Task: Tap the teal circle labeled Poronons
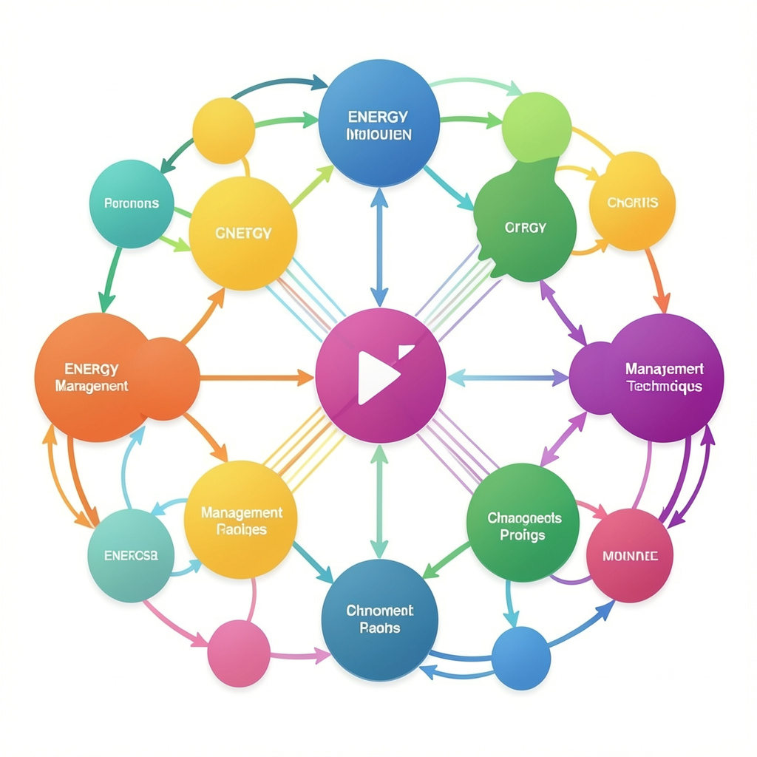coord(132,203)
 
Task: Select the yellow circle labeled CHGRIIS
coord(632,202)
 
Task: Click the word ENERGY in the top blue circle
coord(377,117)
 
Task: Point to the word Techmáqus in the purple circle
coord(664,387)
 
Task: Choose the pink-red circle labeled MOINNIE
coord(630,555)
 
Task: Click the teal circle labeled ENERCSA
coord(131,555)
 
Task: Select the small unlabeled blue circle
coord(521,657)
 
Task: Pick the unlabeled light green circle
coord(536,126)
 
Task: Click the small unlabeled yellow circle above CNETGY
coord(223,130)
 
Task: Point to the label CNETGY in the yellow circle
coord(242,234)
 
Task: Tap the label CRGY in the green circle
coord(526,228)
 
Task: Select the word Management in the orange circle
coord(92,386)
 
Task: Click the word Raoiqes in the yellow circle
coord(241,530)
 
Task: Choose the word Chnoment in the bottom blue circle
coord(379,611)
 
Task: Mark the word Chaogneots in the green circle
coord(524,518)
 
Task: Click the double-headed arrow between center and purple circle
coord(508,378)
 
